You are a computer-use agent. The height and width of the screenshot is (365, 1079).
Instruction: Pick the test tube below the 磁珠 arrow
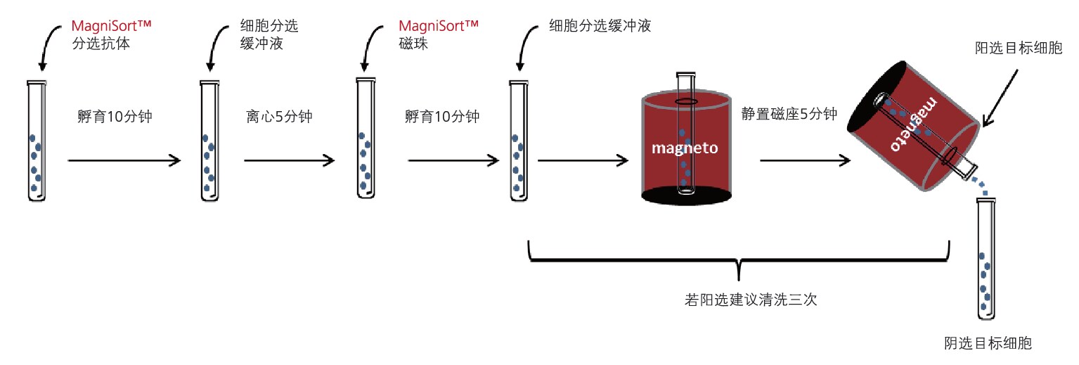[363, 141]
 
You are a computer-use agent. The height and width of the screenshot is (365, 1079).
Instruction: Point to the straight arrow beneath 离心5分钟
[289, 161]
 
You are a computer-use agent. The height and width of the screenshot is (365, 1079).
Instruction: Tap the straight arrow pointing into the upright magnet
[583, 161]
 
